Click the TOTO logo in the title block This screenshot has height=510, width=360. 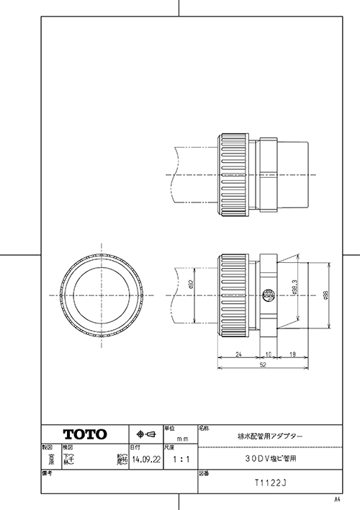click(x=85, y=434)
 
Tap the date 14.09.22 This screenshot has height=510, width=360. click(x=146, y=458)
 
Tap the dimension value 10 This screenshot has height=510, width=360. click(x=269, y=354)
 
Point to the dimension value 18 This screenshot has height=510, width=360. click(x=292, y=354)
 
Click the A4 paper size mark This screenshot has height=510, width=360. click(x=336, y=498)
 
